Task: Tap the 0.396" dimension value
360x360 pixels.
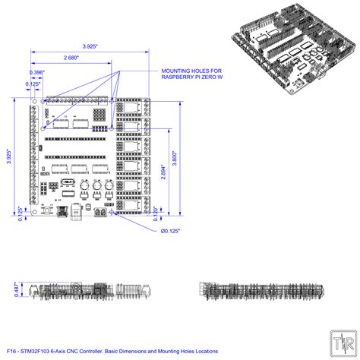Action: [x=34, y=72]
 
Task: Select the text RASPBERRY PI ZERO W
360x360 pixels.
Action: [x=192, y=77]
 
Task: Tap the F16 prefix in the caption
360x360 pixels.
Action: [x=11, y=352]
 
